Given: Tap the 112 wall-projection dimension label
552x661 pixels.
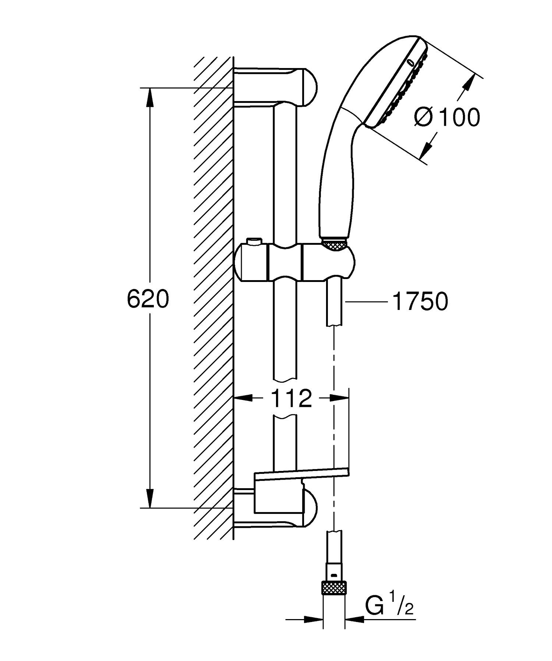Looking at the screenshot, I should pyautogui.click(x=291, y=398).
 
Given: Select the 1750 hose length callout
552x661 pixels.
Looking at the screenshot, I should pyautogui.click(x=420, y=301).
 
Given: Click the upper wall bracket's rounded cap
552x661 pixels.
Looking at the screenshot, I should pyautogui.click(x=309, y=87).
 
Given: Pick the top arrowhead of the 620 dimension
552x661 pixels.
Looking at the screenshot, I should pyautogui.click(x=150, y=96).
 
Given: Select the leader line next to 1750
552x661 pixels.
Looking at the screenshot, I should pyautogui.click(x=366, y=302).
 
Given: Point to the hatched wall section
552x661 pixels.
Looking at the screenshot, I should pyautogui.click(x=213, y=294).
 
